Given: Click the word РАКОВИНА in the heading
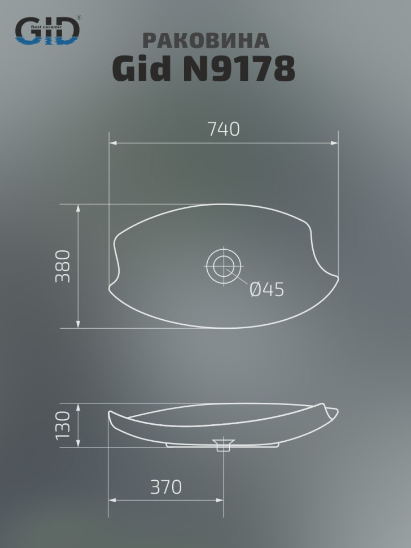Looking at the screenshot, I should tap(205, 41).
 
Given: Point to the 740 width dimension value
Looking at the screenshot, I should tap(224, 129).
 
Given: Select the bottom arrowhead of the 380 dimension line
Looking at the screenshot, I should tap(78, 324).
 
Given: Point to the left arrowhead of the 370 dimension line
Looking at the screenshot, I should tap(112, 500).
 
